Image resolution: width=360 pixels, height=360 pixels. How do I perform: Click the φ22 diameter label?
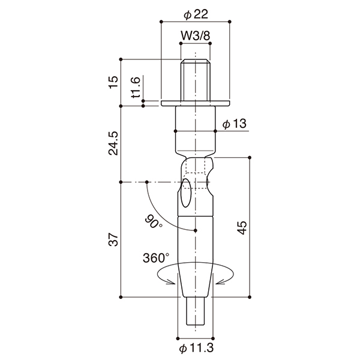(x=196, y=14)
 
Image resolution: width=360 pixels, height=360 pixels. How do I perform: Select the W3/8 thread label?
(x=196, y=36)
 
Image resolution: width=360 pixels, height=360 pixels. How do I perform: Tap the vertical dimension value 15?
(x=113, y=82)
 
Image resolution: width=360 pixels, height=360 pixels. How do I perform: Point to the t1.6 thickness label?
(x=136, y=88)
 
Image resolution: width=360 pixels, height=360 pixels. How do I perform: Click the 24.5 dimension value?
(x=113, y=143)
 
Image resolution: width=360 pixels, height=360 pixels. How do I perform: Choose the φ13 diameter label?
(x=235, y=124)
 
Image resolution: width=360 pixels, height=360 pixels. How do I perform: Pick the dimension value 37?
(x=113, y=239)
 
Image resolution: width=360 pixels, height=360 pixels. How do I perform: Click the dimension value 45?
(x=242, y=227)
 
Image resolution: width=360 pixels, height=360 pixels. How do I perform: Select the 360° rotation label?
(x=156, y=257)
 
